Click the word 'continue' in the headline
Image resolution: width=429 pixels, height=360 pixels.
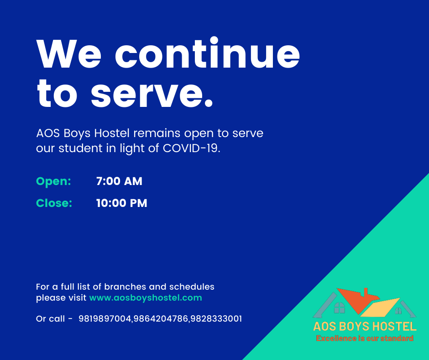click(207, 53)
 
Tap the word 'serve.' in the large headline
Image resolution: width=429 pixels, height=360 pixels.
click(152, 93)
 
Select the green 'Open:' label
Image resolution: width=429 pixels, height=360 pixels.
click(54, 181)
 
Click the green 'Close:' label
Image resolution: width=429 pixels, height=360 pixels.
click(54, 203)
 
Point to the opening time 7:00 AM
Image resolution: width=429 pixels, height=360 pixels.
click(119, 181)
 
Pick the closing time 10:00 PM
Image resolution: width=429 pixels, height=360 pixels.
click(121, 203)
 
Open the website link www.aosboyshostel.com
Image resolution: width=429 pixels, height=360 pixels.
click(146, 298)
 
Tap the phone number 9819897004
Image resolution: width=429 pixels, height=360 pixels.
click(105, 318)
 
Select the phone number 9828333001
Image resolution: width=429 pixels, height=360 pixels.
click(216, 318)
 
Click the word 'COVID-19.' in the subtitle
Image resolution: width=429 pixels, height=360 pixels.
click(192, 148)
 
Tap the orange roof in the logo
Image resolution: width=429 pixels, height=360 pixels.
click(358, 299)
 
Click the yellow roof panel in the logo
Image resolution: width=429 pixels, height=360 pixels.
click(381, 307)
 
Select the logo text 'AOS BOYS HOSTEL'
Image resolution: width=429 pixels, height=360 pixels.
click(365, 326)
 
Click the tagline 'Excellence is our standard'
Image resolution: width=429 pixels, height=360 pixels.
click(365, 339)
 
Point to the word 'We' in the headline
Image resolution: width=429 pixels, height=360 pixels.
click(69, 54)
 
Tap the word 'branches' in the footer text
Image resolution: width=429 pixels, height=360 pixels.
click(126, 287)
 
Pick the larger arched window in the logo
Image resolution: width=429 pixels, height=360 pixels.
click(340, 307)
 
